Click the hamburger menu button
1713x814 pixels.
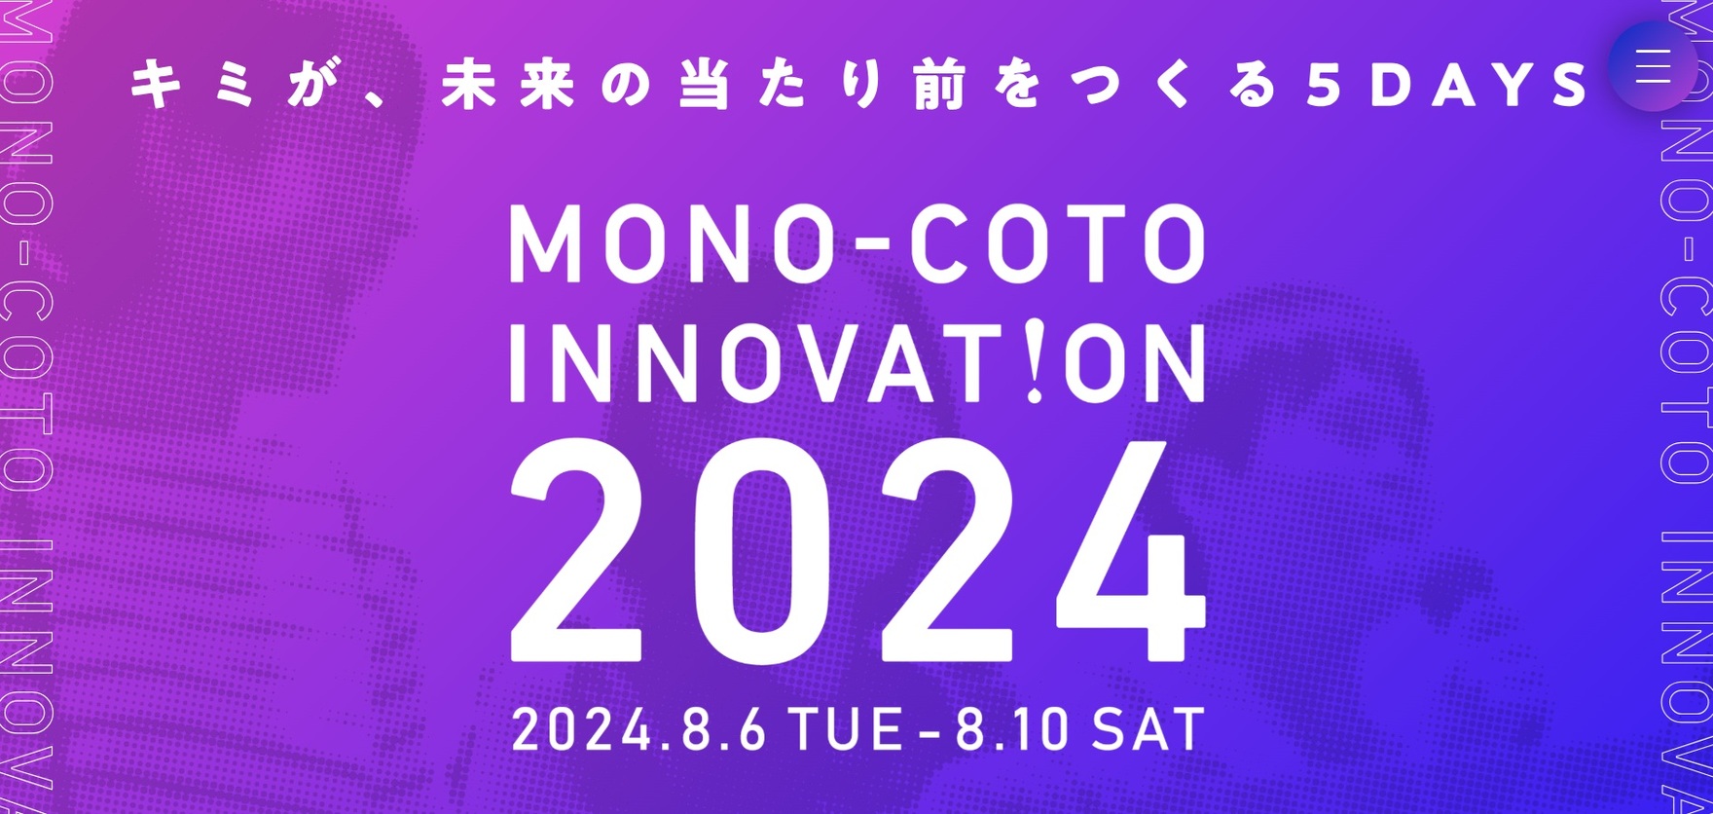point(1654,66)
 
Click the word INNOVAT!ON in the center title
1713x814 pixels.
point(857,362)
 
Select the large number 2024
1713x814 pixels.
point(857,552)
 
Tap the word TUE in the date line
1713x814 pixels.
point(845,730)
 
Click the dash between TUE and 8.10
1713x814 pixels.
point(929,732)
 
